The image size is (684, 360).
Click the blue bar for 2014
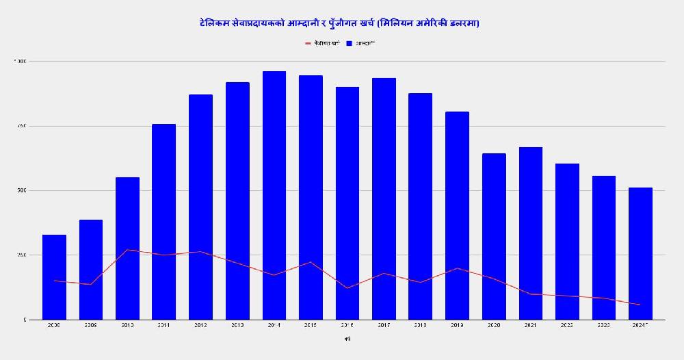click(x=274, y=195)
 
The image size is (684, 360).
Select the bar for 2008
click(x=54, y=277)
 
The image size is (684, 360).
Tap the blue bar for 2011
click(x=164, y=221)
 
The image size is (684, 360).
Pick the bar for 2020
click(x=494, y=236)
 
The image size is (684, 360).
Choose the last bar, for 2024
click(x=640, y=253)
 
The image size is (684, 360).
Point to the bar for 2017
click(x=384, y=198)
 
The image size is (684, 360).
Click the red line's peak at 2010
click(x=127, y=250)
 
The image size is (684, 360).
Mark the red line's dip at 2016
click(x=347, y=288)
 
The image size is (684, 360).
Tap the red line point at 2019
click(x=457, y=268)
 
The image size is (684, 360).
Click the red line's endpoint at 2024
click(x=640, y=305)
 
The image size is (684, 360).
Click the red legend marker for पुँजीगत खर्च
click(x=308, y=43)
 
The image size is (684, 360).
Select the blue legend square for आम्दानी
click(x=349, y=43)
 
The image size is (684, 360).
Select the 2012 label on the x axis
click(x=200, y=325)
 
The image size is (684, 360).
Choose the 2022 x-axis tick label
click(x=567, y=325)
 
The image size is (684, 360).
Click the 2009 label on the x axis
click(x=91, y=325)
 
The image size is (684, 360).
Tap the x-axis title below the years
click(x=347, y=338)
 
